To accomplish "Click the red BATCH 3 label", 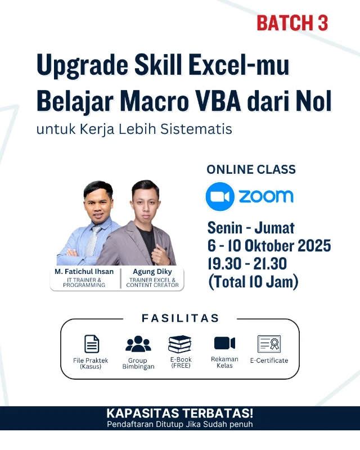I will [x=292, y=23].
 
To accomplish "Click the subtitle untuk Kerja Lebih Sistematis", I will [x=134, y=129].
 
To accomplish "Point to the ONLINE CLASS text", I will [x=251, y=169].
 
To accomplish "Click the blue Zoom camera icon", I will [x=219, y=196].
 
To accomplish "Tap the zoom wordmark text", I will [x=266, y=196].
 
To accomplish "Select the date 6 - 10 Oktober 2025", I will [x=269, y=246].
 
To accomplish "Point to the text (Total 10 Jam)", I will [x=253, y=282].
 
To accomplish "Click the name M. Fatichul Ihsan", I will [x=84, y=271].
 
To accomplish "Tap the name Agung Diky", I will [x=152, y=271].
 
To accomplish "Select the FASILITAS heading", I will [x=180, y=318].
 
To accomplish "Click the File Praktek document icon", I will [x=91, y=344].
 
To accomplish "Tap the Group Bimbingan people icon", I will [x=138, y=344].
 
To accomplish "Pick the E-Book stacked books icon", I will [x=180, y=344].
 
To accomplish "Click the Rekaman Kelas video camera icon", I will [x=224, y=343].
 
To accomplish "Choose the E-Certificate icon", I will [x=269, y=344].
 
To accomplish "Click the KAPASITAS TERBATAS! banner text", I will [x=180, y=413].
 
